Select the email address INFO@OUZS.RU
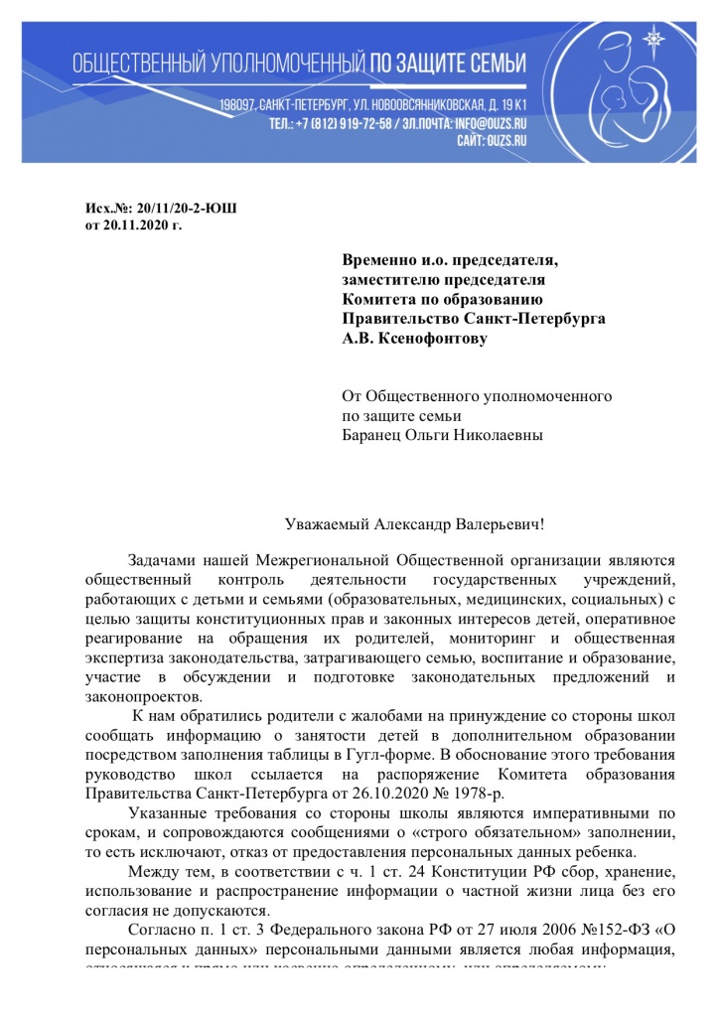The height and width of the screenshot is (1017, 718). (489, 125)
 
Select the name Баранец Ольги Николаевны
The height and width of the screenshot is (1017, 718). (443, 433)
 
